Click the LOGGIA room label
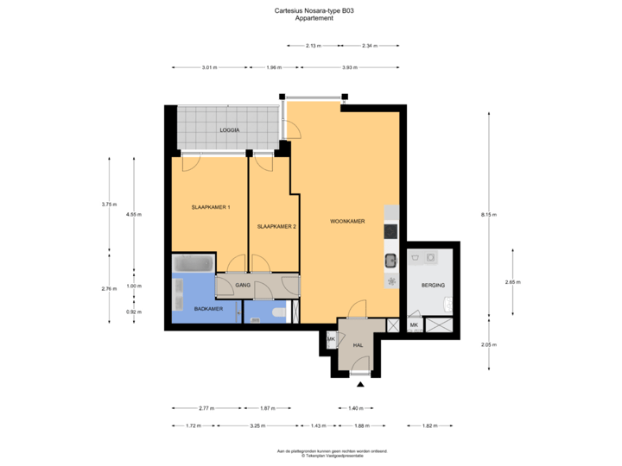tap(229, 130)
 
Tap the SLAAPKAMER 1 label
tap(210, 207)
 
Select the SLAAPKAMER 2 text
tap(276, 227)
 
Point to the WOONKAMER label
tap(347, 222)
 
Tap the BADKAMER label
tap(208, 308)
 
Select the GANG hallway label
tap(243, 284)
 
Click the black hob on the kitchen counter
tap(390, 231)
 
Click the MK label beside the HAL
tap(331, 340)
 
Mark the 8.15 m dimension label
tap(490, 215)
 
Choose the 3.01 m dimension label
tap(208, 67)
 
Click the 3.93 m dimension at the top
tap(349, 67)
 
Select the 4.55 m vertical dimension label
tap(134, 213)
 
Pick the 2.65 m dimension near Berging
tap(511, 282)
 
